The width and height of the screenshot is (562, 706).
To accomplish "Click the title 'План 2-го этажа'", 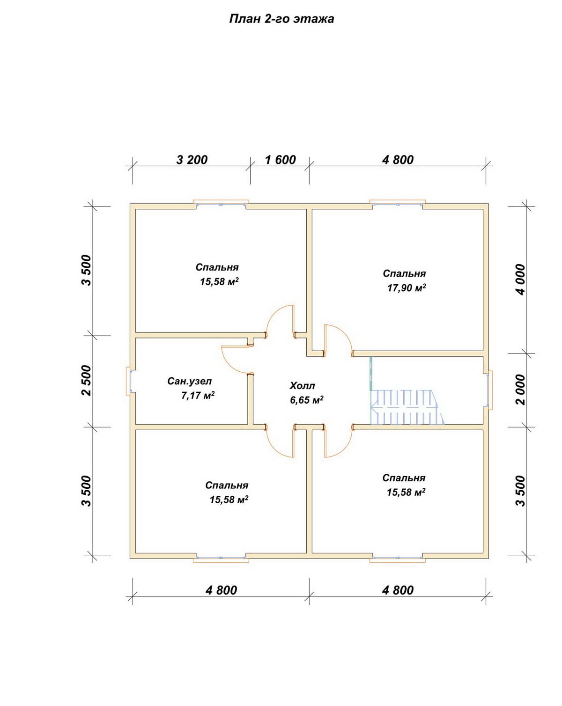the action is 281,19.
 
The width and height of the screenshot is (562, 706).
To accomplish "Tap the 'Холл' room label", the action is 302,386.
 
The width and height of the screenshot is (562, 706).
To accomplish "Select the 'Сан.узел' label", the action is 189,381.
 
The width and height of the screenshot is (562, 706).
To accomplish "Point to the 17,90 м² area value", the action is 407,288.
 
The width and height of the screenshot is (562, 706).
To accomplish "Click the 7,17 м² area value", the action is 198,395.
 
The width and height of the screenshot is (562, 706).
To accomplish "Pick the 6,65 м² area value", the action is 307,400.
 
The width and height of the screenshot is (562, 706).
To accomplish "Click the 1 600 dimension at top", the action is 280,160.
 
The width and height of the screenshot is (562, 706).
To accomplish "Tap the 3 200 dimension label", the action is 192,160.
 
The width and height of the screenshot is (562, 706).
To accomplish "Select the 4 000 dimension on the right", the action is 521,279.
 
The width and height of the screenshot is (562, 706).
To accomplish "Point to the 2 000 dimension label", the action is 521,390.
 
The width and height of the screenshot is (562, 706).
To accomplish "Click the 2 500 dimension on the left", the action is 86,380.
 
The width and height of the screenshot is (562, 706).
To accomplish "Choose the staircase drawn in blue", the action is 407,407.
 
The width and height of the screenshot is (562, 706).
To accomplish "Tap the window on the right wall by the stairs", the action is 490,390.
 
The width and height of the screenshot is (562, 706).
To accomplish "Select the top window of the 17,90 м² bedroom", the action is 398,203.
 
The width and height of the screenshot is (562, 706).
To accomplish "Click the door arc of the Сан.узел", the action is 234,360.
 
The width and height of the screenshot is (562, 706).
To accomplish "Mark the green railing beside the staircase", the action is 371,373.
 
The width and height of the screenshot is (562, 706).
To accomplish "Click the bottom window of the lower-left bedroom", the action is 221,559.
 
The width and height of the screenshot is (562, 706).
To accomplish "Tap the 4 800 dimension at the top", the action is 398,160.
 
